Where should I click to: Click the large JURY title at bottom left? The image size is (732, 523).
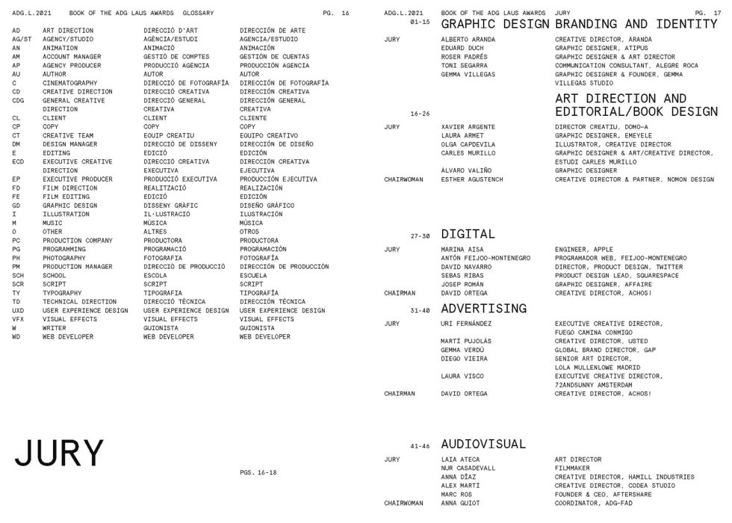(x=59, y=454)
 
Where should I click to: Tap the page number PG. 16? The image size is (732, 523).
(x=336, y=13)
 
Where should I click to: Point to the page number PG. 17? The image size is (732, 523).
(x=705, y=13)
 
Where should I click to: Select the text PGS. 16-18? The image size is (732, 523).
(x=258, y=472)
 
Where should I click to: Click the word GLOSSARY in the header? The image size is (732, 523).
(x=198, y=13)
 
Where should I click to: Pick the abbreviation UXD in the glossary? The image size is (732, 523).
(x=18, y=310)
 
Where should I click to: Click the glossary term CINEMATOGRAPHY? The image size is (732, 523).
(x=69, y=83)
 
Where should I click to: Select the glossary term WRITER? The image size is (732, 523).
(x=54, y=328)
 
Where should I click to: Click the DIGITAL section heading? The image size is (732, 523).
(x=468, y=235)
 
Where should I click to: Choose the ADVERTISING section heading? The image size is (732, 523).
(x=484, y=309)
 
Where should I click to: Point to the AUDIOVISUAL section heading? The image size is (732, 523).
(x=483, y=444)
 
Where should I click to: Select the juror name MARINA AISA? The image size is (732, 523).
(x=463, y=249)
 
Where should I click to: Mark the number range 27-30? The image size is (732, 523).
(x=420, y=236)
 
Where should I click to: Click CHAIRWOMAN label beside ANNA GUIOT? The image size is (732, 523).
(x=404, y=504)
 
